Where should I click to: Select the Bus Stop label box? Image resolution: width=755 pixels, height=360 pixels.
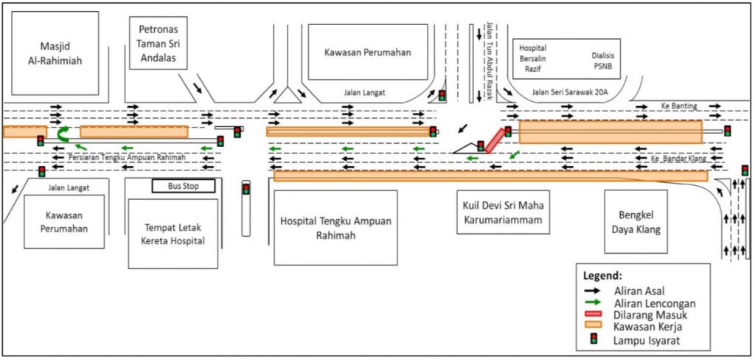pos(184,187)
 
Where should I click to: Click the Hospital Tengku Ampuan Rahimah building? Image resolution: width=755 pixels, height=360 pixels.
pos(335,227)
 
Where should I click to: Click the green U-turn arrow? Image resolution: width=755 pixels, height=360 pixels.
pos(63,134)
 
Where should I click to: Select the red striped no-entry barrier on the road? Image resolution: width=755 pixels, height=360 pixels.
pos(495,140)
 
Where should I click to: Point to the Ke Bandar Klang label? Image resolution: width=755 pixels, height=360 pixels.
pos(676,159)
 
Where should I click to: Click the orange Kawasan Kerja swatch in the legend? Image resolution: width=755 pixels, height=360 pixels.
pos(595,327)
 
